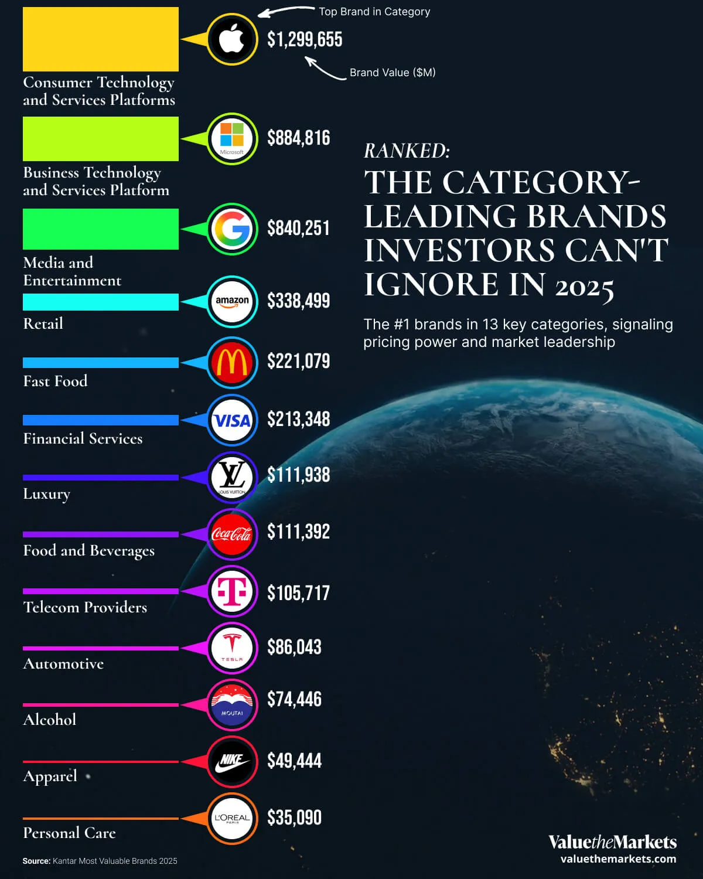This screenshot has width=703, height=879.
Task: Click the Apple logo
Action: pos(232,39)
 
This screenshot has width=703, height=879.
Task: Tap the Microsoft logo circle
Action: pos(232,139)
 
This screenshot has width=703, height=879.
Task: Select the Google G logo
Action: pos(232,229)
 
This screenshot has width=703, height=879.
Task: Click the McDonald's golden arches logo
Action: pos(232,363)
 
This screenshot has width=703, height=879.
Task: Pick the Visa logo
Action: pos(232,420)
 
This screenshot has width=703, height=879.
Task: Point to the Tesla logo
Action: pos(232,648)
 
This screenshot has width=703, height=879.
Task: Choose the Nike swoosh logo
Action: pos(232,762)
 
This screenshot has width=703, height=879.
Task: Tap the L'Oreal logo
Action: pos(232,819)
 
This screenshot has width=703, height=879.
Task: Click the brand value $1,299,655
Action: pos(305,40)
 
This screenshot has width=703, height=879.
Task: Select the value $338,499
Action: pos(298,301)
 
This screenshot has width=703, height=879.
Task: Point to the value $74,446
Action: pos(294,699)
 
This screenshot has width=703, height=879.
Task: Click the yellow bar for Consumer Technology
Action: pos(101,39)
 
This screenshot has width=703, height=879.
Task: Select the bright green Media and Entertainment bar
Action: pos(101,229)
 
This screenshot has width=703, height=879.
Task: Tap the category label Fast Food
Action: pos(55,381)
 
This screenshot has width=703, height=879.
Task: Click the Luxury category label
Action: pos(46,494)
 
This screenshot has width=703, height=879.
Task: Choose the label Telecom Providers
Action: pos(85,607)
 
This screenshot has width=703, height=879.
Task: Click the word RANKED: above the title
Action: pos(407,151)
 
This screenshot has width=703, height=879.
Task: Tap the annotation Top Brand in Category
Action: pos(374,12)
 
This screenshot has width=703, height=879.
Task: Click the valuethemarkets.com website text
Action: pos(617,859)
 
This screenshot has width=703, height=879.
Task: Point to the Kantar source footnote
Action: pos(100,861)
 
